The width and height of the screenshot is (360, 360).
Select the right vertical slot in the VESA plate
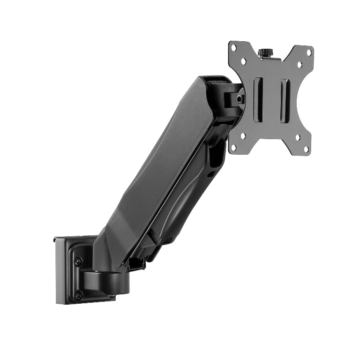pos(285,101)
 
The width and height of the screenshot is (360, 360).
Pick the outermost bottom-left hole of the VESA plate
pos(234,147)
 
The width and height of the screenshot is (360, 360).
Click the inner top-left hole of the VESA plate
pos(243,61)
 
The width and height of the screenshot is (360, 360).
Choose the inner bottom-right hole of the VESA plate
pos(297,138)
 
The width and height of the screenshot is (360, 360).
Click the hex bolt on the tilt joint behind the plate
pos(240,99)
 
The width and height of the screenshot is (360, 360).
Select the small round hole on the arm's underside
pos(211,174)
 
